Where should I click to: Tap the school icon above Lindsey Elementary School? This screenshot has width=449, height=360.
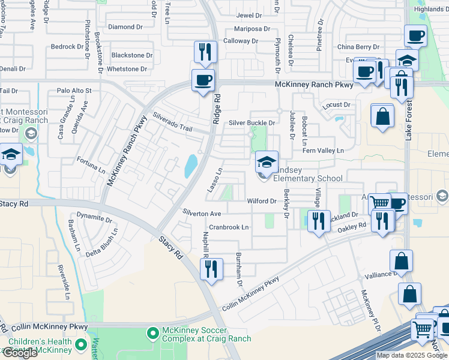267,161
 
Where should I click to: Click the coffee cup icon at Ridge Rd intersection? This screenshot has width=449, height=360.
203,80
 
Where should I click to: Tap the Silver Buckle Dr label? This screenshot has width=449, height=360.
252,123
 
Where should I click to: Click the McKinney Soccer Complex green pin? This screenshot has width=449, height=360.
153,332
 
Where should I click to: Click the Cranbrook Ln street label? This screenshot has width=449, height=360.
229,227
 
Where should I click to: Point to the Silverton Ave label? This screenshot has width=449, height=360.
202,214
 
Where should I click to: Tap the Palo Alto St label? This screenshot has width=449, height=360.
74,91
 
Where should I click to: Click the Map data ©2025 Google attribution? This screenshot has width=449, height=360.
412,355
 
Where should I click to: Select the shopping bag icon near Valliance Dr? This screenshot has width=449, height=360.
401,262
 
